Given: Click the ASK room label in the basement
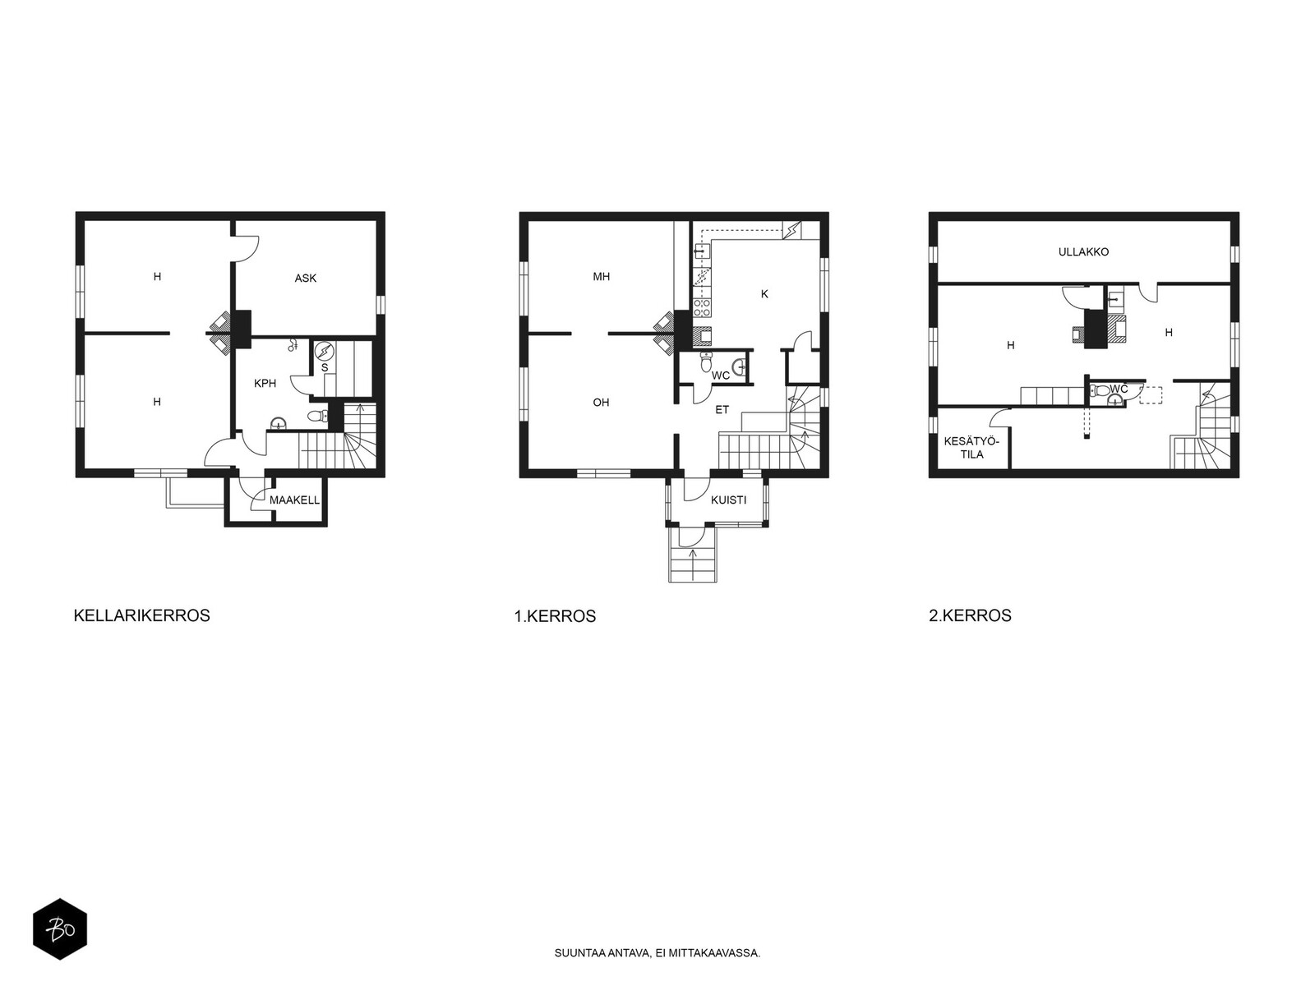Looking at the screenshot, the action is [x=305, y=278].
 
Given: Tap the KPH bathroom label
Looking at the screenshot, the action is [x=265, y=383].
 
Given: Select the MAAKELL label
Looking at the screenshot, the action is [x=294, y=500].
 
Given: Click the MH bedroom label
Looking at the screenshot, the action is [x=601, y=277].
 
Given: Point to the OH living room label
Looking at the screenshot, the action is [x=601, y=403].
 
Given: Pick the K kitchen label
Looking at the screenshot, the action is [x=764, y=294].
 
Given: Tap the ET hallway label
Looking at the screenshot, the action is [x=722, y=410].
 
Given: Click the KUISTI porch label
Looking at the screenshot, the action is [x=728, y=500].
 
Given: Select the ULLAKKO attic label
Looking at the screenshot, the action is [x=1083, y=252].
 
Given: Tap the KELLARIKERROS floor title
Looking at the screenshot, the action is [x=141, y=615].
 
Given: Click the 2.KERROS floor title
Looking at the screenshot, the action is [x=970, y=615].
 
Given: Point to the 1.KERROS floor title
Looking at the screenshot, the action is [x=555, y=616].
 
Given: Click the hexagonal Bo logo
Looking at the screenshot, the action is [x=60, y=929].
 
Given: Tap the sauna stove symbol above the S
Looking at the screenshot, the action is [x=324, y=350].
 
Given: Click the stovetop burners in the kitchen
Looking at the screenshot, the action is [x=702, y=307].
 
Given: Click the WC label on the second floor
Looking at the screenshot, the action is [x=1119, y=389].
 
